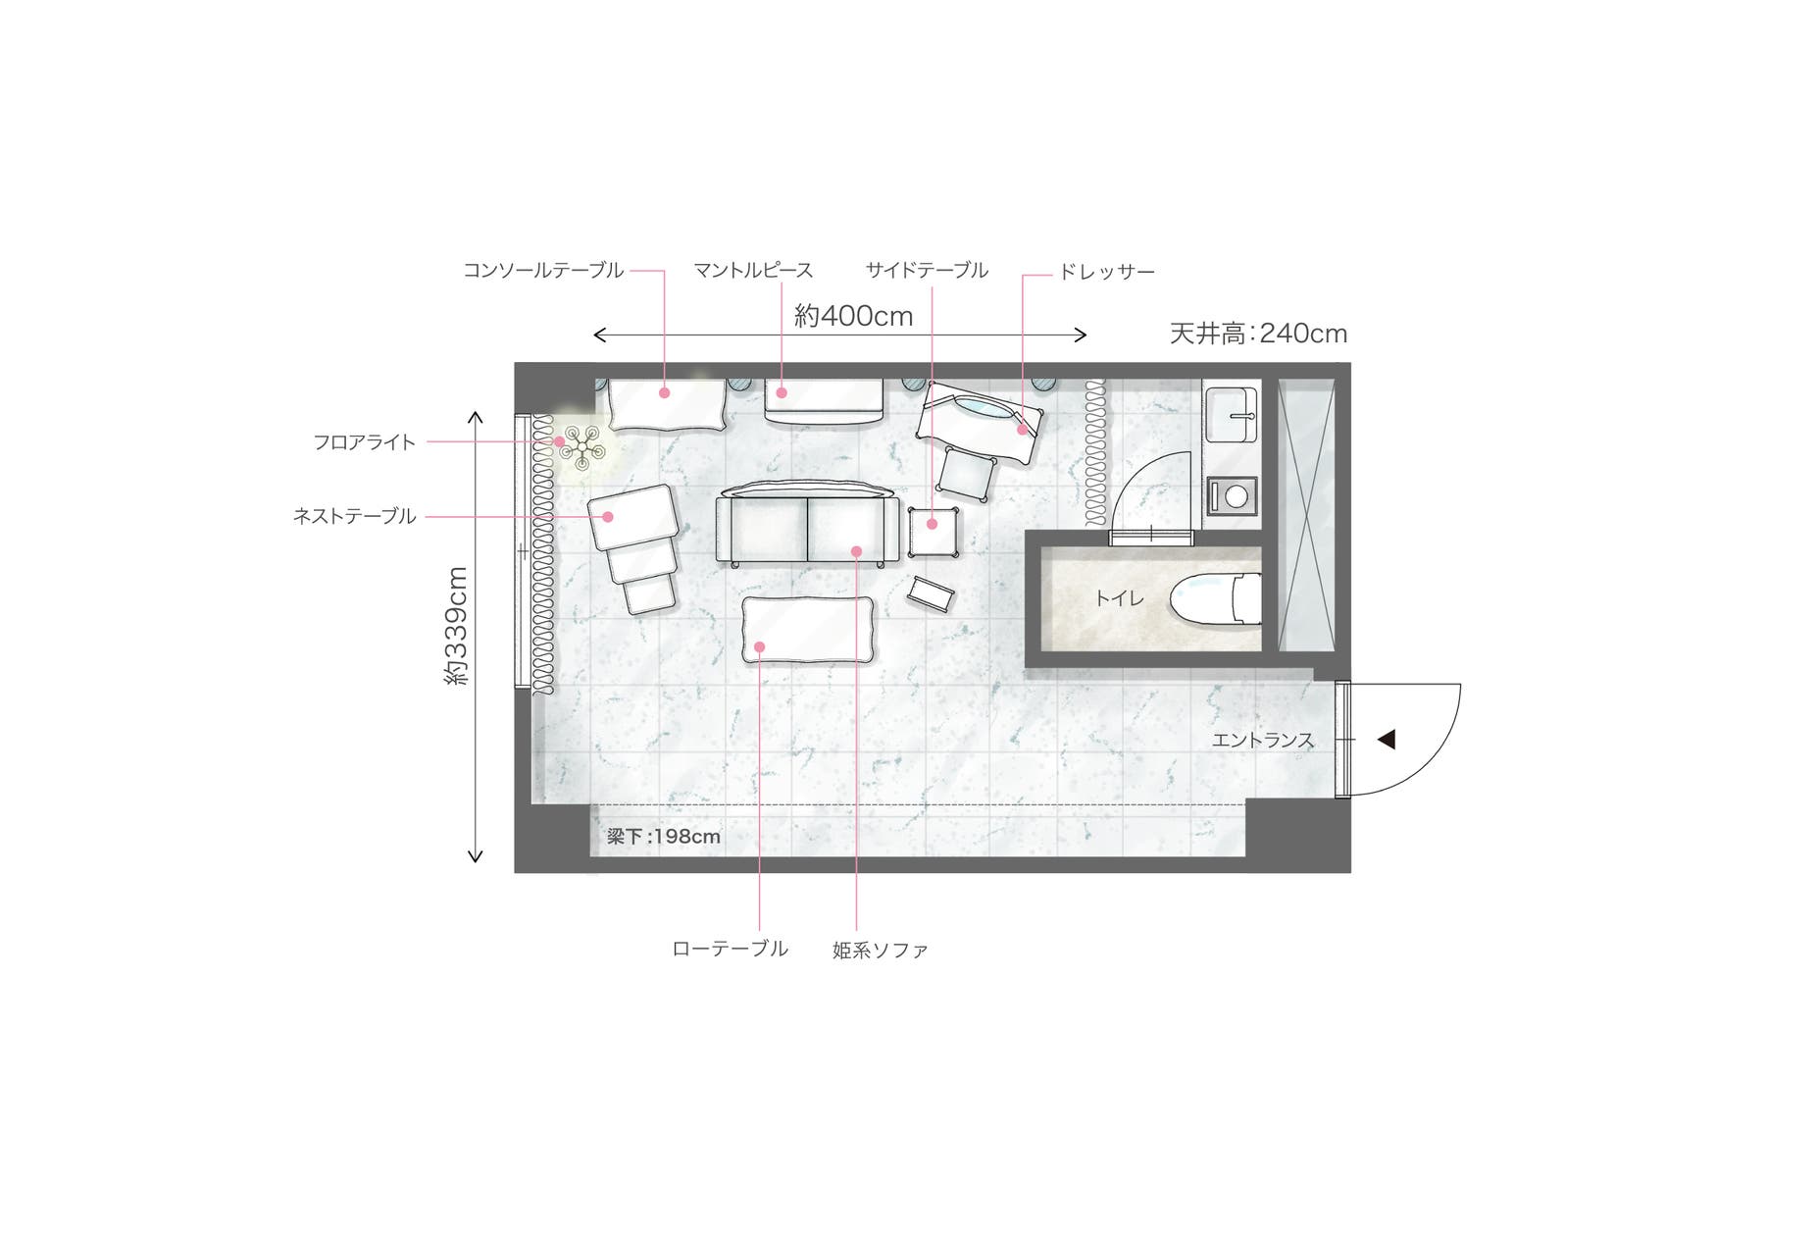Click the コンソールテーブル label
tap(543, 270)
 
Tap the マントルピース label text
tap(753, 270)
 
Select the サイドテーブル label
tap(927, 270)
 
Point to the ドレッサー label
tap(1106, 272)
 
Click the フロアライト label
tap(365, 442)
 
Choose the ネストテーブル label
tap(355, 516)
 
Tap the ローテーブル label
tap(730, 949)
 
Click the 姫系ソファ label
tap(880, 950)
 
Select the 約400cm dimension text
tap(853, 316)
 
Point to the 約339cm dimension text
tap(457, 626)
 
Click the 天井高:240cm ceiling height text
tap(1258, 334)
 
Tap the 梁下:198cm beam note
tap(663, 837)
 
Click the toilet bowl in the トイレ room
tap(1216, 598)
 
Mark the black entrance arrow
tap(1386, 740)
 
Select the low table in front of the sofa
tap(808, 629)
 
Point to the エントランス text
tap(1263, 741)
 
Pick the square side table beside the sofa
tap(933, 531)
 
